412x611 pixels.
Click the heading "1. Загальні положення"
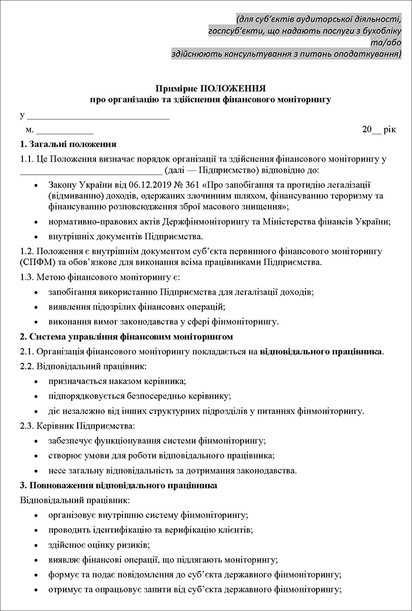[68, 144]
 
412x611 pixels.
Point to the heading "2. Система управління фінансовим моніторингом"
[127, 336]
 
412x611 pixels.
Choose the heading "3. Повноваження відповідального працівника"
[119, 486]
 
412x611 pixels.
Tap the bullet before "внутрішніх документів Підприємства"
[37, 237]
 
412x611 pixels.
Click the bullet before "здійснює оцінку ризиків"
[37, 545]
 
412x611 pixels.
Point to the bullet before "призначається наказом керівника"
[37, 382]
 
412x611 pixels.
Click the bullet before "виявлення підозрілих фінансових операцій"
[37, 306]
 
